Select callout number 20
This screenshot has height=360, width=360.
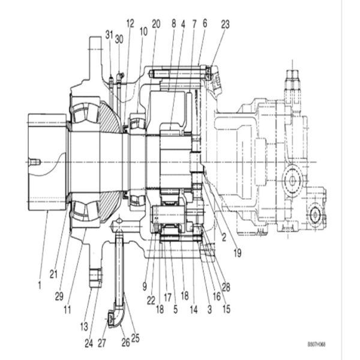[156, 24]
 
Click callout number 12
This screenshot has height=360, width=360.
[130, 23]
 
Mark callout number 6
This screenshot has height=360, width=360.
[204, 24]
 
